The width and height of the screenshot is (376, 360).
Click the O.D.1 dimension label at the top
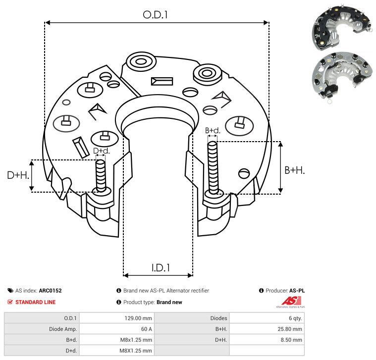[155, 15]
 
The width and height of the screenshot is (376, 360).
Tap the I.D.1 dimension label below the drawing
[161, 268]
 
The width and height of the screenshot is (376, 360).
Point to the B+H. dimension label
[294, 170]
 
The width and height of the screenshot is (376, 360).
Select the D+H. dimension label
[18, 175]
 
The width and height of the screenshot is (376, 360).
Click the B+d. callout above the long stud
[213, 130]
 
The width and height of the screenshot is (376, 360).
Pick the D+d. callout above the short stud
[101, 151]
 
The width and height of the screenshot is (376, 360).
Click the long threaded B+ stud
[213, 167]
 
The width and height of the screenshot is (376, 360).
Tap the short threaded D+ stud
[101, 176]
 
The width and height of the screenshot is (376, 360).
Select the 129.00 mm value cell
[138, 318]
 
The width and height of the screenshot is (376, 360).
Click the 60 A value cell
[146, 329]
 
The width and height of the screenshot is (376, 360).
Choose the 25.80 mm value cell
[290, 329]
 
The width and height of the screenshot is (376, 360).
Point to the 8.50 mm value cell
[291, 340]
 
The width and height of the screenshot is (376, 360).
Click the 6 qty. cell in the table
[295, 318]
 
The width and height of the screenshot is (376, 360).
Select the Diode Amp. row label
[63, 329]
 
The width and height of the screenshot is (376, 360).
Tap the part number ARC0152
[51, 291]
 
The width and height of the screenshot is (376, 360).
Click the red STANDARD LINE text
[36, 302]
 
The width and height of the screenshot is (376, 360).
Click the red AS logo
[291, 301]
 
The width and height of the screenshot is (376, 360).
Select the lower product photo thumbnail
[343, 77]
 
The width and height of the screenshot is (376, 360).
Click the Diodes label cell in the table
[218, 318]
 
